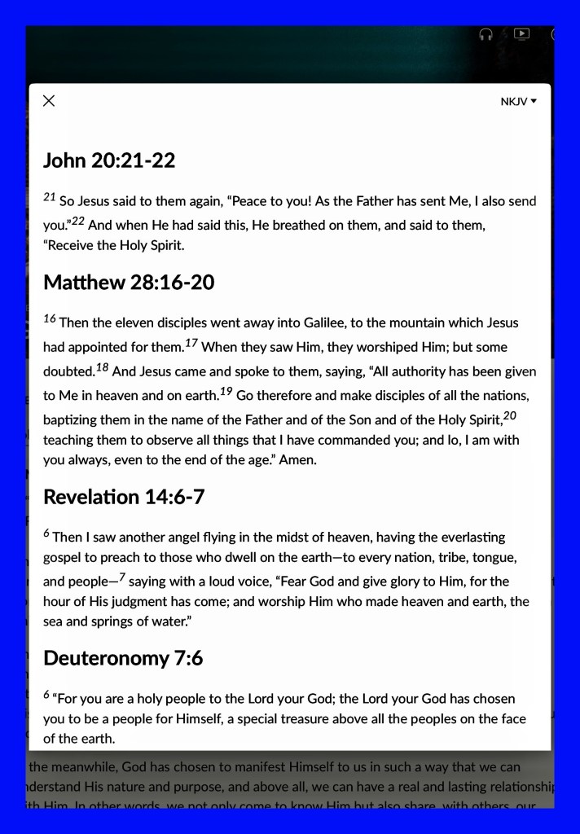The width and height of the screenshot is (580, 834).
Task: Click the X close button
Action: click(49, 101)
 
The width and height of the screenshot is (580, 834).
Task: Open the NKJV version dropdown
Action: click(519, 102)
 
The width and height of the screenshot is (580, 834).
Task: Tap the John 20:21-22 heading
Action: click(109, 160)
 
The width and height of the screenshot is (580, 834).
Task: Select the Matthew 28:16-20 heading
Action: click(129, 283)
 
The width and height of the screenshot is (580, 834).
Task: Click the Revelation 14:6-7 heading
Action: click(123, 496)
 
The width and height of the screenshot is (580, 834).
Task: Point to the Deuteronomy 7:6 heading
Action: click(123, 657)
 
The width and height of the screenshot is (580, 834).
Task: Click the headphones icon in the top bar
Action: click(486, 34)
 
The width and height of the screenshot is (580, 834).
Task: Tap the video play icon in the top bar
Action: click(522, 34)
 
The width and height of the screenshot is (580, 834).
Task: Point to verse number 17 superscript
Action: click(191, 344)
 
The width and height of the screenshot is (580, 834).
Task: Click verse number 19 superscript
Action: click(227, 392)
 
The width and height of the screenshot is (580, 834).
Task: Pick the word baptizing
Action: click(70, 419)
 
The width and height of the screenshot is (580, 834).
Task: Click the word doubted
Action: click(68, 371)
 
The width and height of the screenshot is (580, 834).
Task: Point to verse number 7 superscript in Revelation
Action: click(122, 577)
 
